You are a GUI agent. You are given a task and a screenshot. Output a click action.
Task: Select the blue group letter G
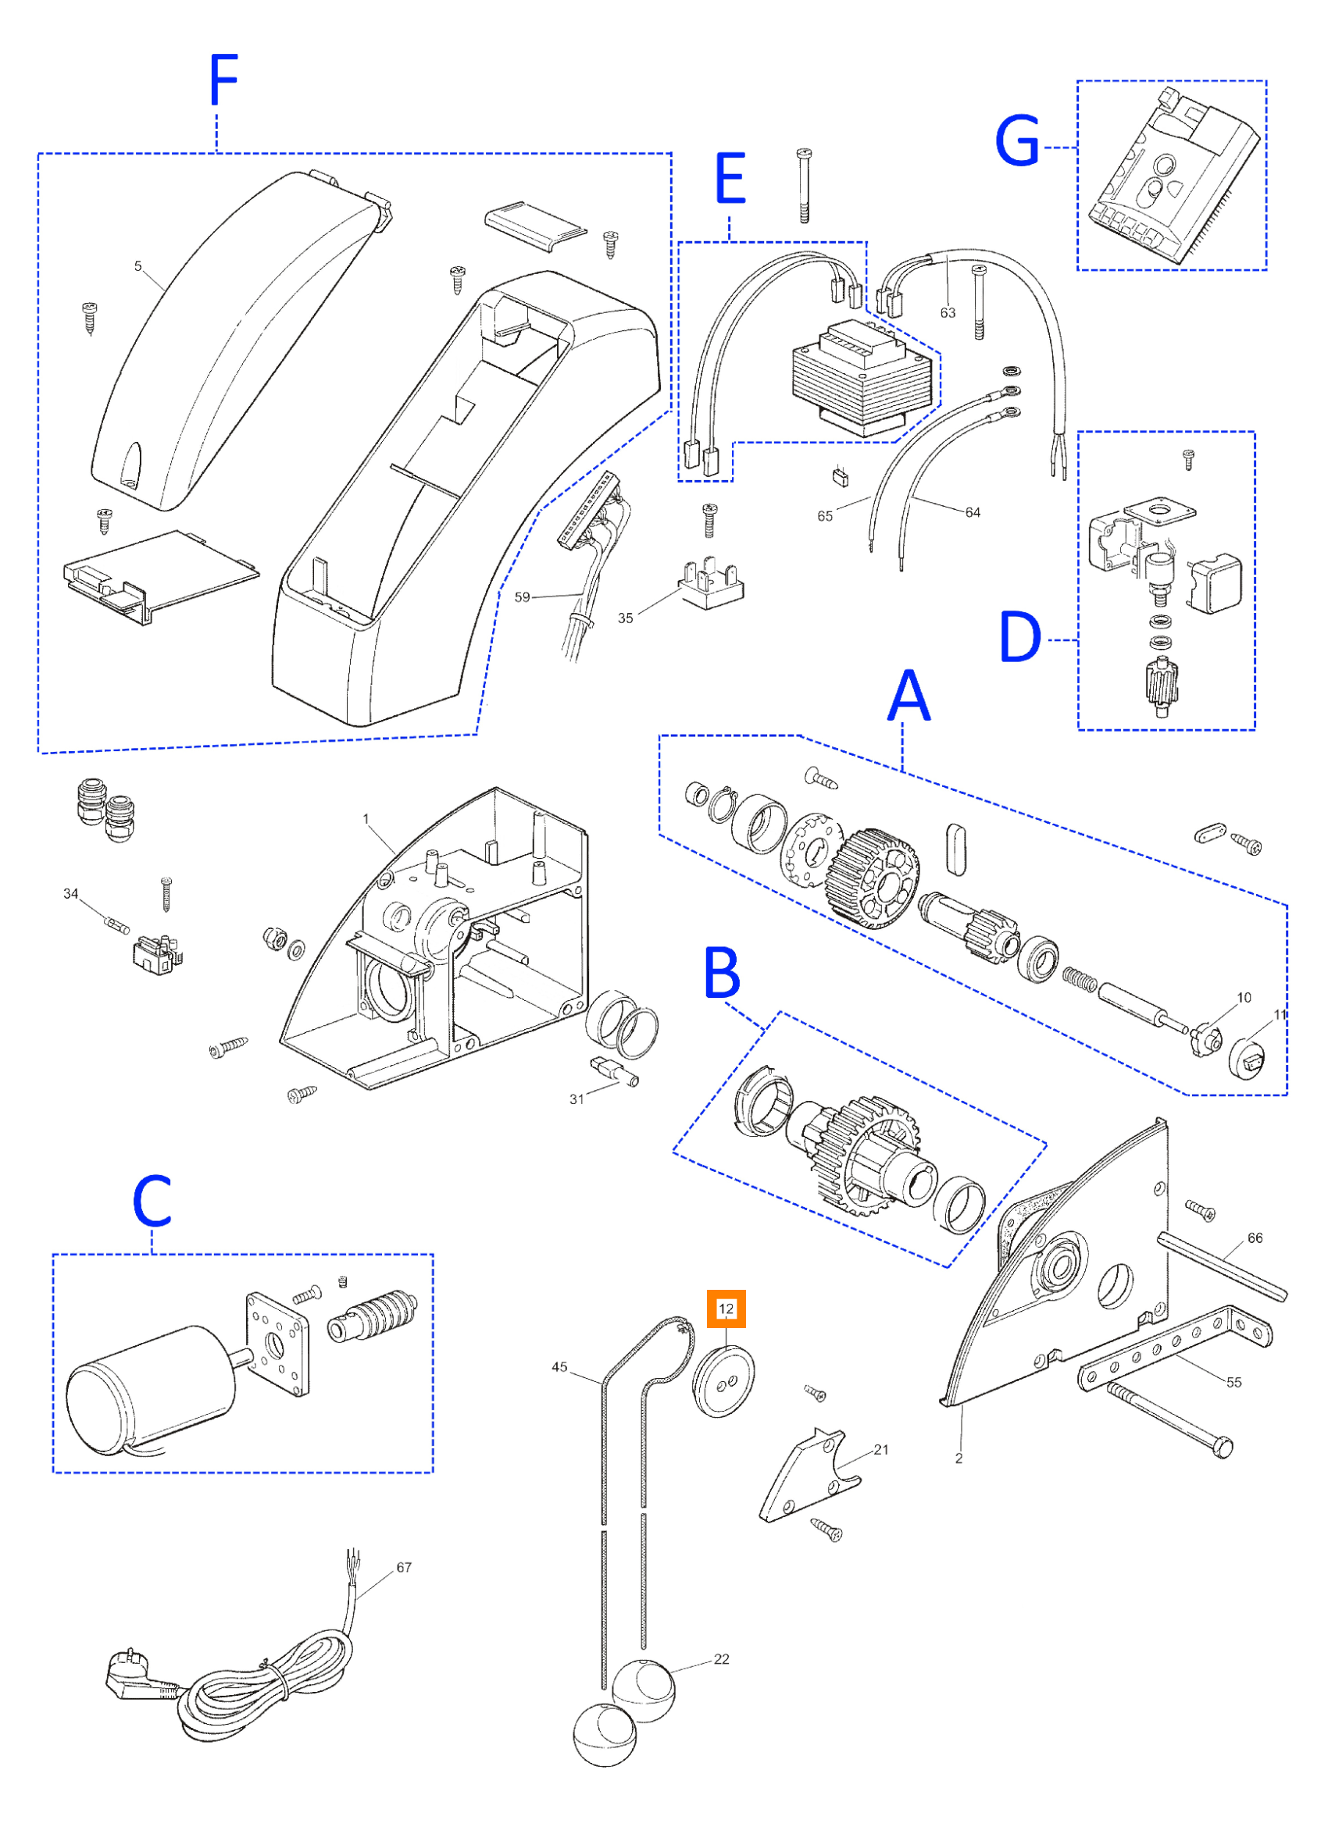1018,141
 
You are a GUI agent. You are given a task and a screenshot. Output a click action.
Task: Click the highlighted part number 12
726,1309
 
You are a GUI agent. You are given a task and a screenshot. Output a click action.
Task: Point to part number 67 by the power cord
404,1567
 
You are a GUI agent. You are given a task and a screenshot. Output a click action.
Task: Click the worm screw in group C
373,1318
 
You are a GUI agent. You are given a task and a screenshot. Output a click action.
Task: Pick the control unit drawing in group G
1173,175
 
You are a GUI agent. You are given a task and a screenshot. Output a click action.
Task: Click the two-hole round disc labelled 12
723,1382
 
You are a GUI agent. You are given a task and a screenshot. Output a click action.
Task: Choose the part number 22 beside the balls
721,1658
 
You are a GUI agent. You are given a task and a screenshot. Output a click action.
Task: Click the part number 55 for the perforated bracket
1233,1381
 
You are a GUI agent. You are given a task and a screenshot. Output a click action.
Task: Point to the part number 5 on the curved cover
137,265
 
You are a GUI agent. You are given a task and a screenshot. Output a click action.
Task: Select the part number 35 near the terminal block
625,618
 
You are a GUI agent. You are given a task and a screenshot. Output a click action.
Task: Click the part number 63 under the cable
948,312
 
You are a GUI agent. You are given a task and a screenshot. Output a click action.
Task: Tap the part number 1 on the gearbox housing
366,818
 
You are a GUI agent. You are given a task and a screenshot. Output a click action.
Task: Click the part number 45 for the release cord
560,1366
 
